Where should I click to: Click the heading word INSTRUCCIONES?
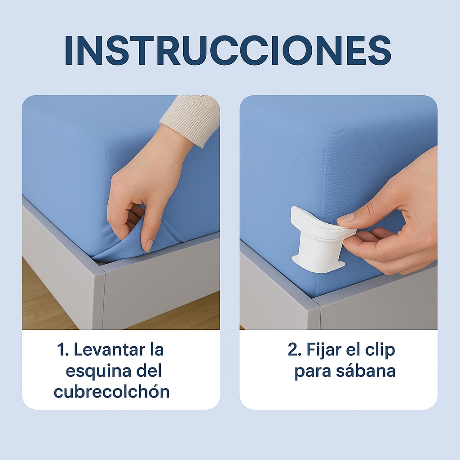click(x=228, y=50)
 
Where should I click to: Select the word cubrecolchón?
click(x=112, y=392)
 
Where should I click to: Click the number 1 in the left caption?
click(x=61, y=350)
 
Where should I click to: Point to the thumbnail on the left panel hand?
click(x=149, y=245)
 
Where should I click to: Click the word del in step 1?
click(x=150, y=371)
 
